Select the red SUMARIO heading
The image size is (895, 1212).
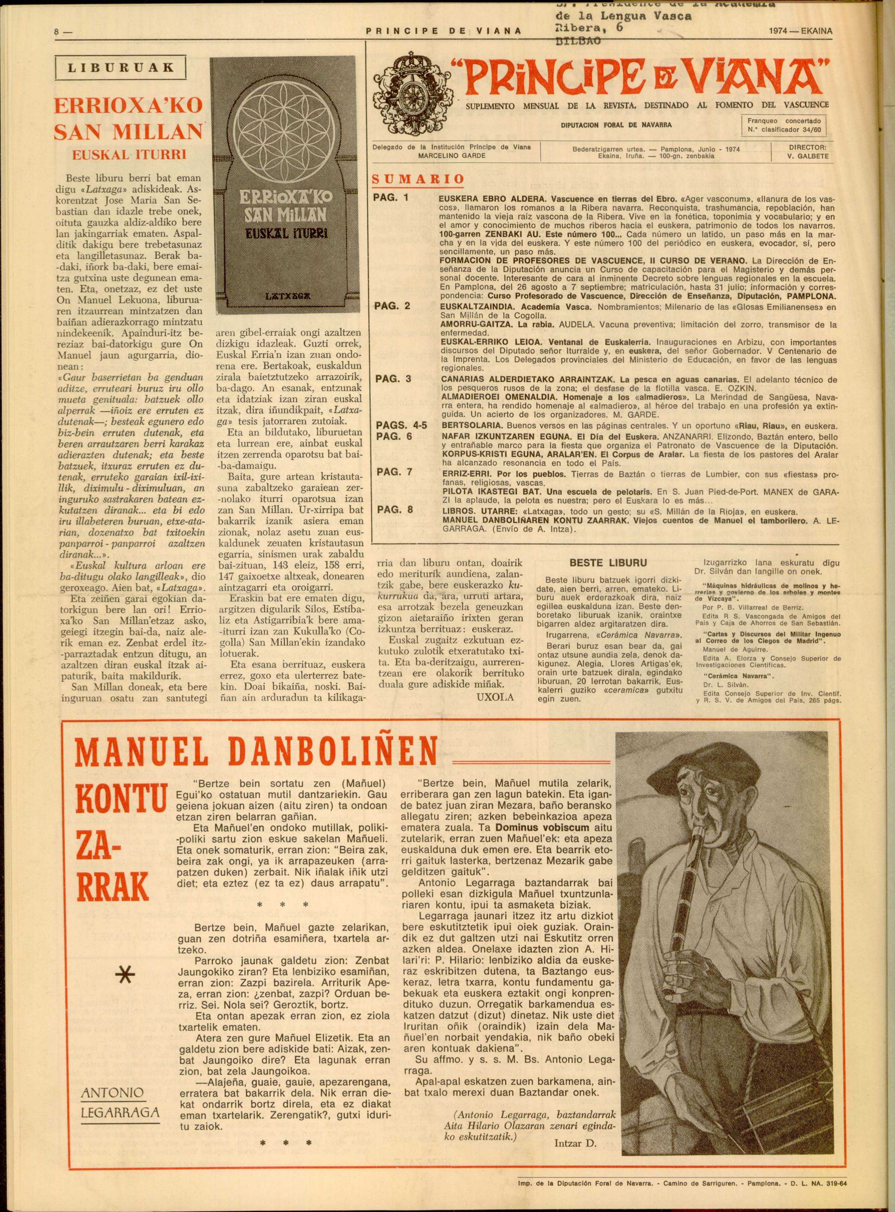coord(418,179)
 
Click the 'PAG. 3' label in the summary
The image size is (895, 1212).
coord(394,378)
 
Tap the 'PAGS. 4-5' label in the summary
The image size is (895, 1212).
coord(401,425)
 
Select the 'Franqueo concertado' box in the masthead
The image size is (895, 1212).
coord(783,126)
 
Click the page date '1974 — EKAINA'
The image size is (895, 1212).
coord(800,31)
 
